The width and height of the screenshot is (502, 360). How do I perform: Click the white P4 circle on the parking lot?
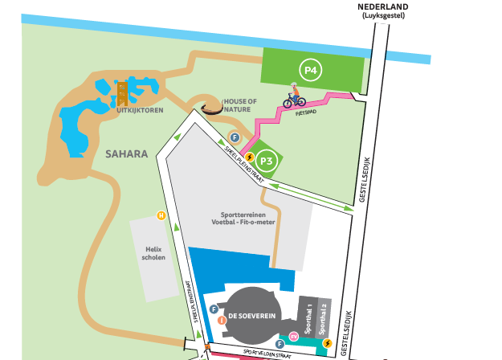click(311, 71)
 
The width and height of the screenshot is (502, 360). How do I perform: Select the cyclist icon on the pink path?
click(294, 98)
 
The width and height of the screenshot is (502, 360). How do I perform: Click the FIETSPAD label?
click(305, 113)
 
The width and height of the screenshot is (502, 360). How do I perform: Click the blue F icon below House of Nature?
click(234, 137)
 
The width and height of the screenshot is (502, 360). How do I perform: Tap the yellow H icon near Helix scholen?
click(161, 215)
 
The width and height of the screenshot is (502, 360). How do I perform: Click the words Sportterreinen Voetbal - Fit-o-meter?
click(250, 220)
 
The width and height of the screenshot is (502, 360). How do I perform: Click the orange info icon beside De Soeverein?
click(221, 321)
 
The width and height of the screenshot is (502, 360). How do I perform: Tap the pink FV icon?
click(294, 335)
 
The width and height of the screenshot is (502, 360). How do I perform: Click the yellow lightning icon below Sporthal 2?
click(327, 344)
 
